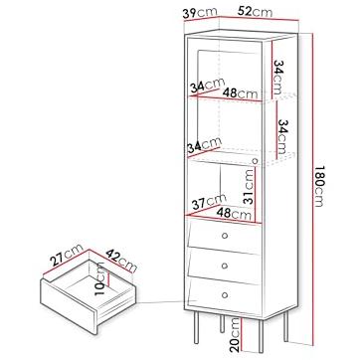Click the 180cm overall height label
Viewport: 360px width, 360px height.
tap(318, 186)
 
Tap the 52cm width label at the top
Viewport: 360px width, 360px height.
tap(255, 12)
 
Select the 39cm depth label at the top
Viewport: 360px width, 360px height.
tap(200, 13)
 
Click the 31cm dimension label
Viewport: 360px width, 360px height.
tap(249, 186)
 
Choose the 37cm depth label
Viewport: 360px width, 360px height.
tap(209, 202)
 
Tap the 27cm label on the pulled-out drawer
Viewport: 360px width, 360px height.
tap(67, 255)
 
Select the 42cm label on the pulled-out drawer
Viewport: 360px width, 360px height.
tap(121, 261)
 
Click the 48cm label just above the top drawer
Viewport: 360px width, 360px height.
tap(234, 214)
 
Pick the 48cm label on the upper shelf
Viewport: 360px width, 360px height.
tap(240, 93)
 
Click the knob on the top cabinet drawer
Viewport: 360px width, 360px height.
tap(225, 236)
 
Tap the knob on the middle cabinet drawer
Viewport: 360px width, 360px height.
tap(225, 266)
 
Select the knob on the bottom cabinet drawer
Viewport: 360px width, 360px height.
tap(225, 294)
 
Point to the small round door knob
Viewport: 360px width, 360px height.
tap(255, 161)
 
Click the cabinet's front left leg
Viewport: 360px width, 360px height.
tap(197, 326)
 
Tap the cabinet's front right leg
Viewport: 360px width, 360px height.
tap(262, 336)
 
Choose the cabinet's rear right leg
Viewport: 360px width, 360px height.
tap(285, 326)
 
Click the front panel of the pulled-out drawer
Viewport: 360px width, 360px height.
tap(68, 306)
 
